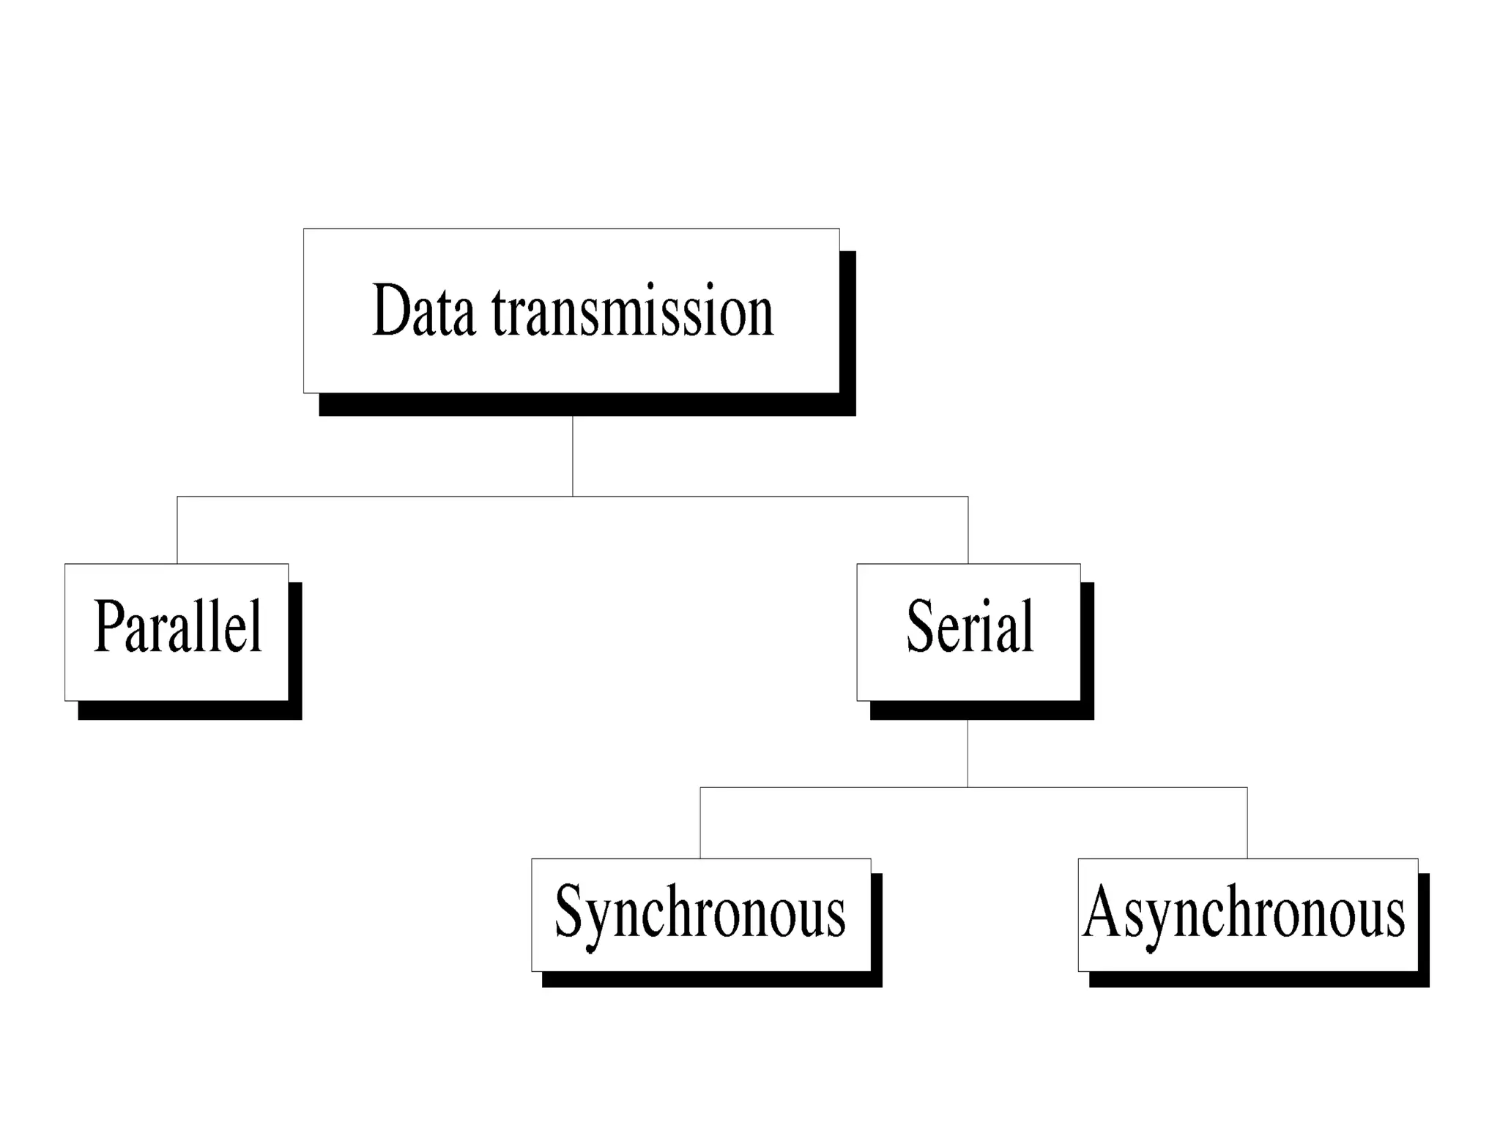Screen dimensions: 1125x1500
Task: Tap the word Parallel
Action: click(178, 627)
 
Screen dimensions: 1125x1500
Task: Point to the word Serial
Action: click(970, 627)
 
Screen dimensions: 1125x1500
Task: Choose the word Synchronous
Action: click(700, 913)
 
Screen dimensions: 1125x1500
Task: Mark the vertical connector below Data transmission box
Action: click(573, 456)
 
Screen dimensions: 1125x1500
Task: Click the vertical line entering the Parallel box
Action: click(177, 530)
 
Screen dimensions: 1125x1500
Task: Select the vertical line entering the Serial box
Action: click(968, 530)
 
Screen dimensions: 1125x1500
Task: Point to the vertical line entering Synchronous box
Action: click(700, 823)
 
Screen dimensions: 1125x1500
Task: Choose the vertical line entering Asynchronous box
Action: click(1247, 823)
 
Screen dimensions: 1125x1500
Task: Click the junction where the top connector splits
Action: click(573, 497)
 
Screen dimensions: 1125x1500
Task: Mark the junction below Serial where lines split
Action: click(968, 787)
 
